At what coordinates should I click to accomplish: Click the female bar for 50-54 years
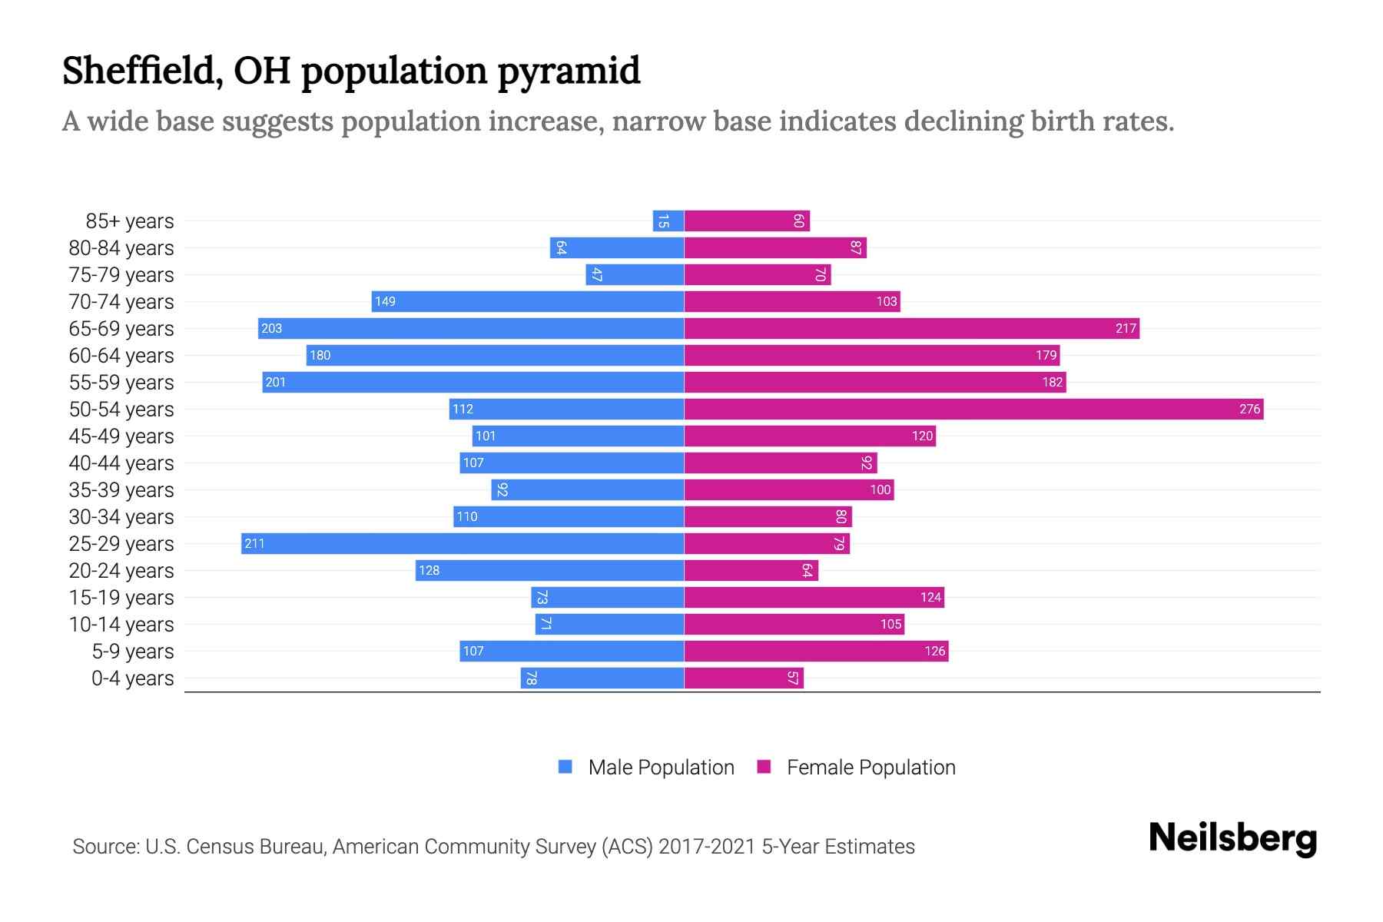pyautogui.click(x=973, y=409)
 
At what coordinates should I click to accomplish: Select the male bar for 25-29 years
pyautogui.click(x=463, y=543)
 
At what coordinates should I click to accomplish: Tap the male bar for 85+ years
pyautogui.click(x=668, y=221)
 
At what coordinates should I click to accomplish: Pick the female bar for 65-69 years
pyautogui.click(x=911, y=328)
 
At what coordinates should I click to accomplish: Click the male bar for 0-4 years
pyautogui.click(x=602, y=678)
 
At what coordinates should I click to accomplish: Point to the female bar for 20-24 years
pyautogui.click(x=751, y=570)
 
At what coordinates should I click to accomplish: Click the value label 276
pyautogui.click(x=1249, y=409)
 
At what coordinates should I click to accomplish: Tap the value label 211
pyautogui.click(x=254, y=543)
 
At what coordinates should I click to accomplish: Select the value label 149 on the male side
pyautogui.click(x=385, y=301)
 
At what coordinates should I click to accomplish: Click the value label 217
pyautogui.click(x=1126, y=328)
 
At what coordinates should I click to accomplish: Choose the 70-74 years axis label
pyautogui.click(x=121, y=301)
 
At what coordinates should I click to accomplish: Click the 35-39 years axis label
pyautogui.click(x=121, y=489)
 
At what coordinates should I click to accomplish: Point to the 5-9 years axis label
pyautogui.click(x=133, y=651)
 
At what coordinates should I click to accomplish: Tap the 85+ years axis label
pyautogui.click(x=130, y=221)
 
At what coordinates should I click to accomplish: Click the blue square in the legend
pyautogui.click(x=565, y=767)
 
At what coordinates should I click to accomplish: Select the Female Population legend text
pyautogui.click(x=871, y=767)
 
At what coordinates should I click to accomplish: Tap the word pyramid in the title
pyautogui.click(x=569, y=71)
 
